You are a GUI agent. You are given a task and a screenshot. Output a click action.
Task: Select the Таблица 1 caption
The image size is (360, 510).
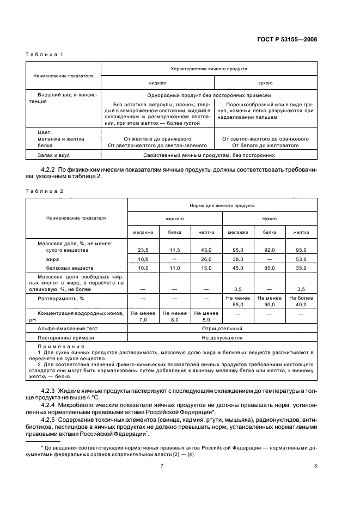pos(45,54)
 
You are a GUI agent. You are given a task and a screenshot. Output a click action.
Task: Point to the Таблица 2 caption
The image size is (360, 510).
pos(45,191)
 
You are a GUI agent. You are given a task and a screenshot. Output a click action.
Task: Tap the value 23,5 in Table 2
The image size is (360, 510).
pos(143,250)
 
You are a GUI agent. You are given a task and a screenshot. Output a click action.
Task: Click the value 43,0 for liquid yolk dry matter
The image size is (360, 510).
pos(206,250)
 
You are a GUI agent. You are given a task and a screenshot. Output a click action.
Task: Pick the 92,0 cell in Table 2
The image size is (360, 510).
pos(269,250)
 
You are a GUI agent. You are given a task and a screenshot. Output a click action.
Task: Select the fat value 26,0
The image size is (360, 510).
pos(206,259)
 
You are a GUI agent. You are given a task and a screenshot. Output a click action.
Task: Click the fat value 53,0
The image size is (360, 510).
pos(301,259)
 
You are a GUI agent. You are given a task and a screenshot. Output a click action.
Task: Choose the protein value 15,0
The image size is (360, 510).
pos(206,268)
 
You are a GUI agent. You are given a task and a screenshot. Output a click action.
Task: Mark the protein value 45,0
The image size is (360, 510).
pos(237,268)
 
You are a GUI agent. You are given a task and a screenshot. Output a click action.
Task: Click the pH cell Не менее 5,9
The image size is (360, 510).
pos(206,316)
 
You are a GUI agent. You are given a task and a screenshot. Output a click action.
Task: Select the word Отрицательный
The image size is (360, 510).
pos(222,329)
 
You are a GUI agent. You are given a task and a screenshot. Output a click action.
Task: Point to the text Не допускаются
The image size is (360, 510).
pos(222,338)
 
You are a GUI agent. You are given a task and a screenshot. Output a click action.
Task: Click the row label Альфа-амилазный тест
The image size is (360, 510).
pos(62,329)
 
